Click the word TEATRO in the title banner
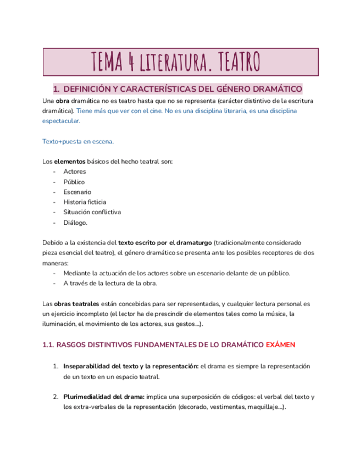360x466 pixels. (232, 62)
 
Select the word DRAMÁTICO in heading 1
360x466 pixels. (274, 89)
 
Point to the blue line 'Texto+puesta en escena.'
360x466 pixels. (78, 141)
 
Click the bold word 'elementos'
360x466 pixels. (70, 162)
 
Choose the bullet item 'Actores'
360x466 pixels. (74, 171)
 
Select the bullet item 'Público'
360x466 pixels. (74, 182)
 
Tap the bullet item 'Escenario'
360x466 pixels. (77, 192)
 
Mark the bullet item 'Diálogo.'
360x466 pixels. (75, 223)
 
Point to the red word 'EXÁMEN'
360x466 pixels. (280, 345)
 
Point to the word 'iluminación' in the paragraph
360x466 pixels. (59, 324)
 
